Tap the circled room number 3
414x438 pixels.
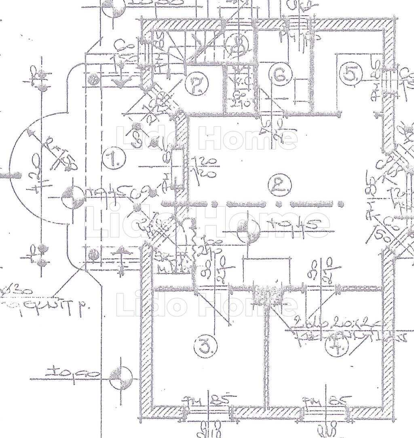[205, 346]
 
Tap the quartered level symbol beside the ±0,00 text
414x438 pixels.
[120, 378]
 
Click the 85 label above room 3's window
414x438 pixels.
[219, 400]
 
